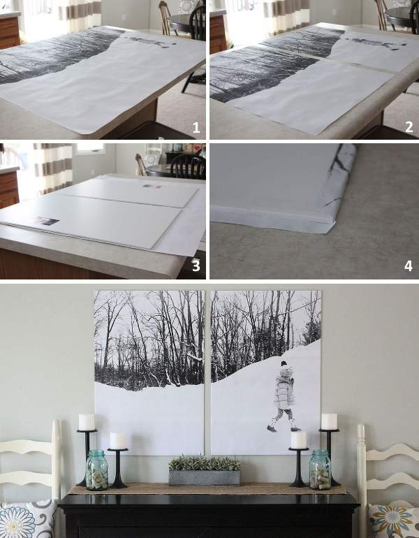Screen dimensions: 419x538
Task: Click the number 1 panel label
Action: [x=196, y=128]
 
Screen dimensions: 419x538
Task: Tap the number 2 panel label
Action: [x=409, y=127]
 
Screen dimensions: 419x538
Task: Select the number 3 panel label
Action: [x=196, y=266]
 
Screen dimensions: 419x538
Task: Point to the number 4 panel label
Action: [x=409, y=266]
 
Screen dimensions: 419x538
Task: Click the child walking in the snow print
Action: [x=284, y=396]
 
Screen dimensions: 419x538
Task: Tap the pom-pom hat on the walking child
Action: [x=284, y=365]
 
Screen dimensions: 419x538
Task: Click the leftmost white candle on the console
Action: [x=87, y=422]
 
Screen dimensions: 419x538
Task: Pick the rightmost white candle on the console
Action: [x=329, y=422]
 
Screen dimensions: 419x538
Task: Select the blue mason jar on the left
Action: [x=96, y=470]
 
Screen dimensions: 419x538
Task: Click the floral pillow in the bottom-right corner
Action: [x=395, y=521]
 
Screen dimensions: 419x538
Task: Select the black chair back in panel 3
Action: [x=188, y=166]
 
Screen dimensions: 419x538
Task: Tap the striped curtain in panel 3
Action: [x=53, y=168]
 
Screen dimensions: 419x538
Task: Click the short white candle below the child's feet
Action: [x=298, y=440]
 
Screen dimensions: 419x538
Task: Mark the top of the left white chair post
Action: [x=56, y=421]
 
